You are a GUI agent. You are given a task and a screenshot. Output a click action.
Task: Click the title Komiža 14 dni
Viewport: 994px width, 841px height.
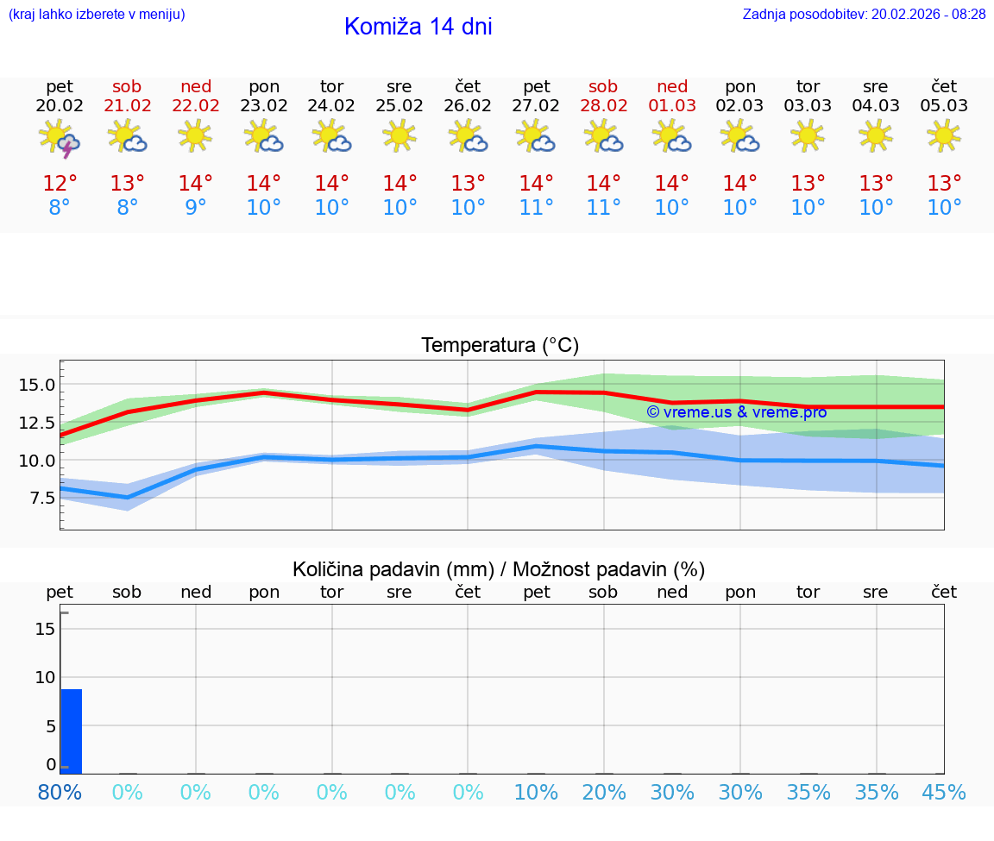tap(418, 27)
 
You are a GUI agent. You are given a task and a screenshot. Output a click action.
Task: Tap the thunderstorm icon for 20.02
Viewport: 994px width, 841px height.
tap(60, 138)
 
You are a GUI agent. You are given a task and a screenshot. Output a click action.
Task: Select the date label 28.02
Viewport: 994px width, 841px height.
tap(603, 106)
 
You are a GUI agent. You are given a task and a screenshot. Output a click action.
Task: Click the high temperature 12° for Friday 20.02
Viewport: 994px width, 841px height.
tap(60, 184)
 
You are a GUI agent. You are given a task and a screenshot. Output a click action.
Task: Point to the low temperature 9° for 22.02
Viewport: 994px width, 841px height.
tap(196, 208)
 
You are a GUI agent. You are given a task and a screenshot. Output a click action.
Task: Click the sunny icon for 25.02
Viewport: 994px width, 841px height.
tap(399, 135)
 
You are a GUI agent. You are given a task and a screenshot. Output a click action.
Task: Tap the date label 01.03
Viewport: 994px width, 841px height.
tap(672, 106)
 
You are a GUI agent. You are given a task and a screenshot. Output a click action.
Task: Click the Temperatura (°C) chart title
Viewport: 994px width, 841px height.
tap(500, 345)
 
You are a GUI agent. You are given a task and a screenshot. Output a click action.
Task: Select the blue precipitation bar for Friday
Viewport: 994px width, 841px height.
tap(71, 731)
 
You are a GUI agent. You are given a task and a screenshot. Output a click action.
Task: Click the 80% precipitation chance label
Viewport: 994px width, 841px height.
tap(60, 792)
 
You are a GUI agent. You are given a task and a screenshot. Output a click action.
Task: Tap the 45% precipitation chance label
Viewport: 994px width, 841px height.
tap(944, 792)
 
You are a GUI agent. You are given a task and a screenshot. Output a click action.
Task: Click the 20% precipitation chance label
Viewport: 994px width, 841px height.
tap(603, 792)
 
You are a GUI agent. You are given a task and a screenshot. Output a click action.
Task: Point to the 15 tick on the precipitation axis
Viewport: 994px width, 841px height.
tap(45, 629)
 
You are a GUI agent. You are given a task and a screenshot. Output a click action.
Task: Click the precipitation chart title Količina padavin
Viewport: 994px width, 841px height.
tap(499, 569)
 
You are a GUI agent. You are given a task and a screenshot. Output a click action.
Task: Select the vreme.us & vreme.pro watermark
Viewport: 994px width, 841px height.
tap(736, 412)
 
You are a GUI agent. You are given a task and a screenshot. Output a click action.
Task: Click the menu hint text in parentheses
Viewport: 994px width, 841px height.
tap(97, 14)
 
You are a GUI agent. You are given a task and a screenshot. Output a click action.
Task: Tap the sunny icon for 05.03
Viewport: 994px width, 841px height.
tap(944, 135)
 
